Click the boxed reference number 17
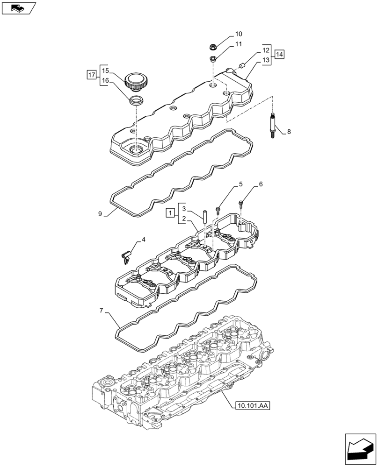pos(92,75)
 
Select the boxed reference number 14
pos(279,55)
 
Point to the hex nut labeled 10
pos(213,47)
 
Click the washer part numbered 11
pos(212,59)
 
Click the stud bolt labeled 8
pos(273,126)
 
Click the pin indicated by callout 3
pos(204,219)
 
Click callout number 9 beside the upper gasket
pos(100,214)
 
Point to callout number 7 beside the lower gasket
pos(101,310)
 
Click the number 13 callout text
pos(266,60)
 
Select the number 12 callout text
pos(266,50)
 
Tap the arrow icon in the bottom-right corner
pos(360,448)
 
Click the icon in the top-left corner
pos(18,7)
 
